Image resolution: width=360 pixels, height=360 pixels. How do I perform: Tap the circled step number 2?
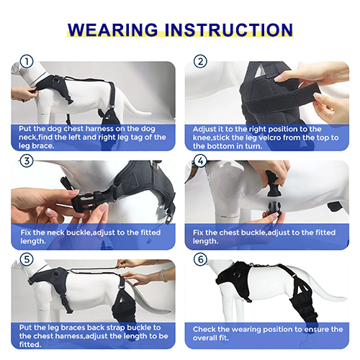(201, 61)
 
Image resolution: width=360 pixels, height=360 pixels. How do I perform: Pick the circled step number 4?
(201, 160)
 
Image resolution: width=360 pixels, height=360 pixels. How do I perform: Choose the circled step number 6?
(201, 259)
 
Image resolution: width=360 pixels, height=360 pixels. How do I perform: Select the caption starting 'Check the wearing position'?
(267, 333)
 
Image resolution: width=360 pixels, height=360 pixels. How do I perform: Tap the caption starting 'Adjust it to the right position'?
(267, 138)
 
